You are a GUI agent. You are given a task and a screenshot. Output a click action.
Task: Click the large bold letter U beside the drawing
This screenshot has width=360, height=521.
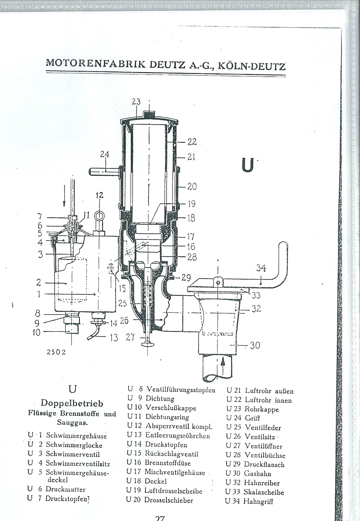248,165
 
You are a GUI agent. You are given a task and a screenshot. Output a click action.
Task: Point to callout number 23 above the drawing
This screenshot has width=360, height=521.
136,102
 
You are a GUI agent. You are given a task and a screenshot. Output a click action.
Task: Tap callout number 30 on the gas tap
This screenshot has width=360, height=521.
255,345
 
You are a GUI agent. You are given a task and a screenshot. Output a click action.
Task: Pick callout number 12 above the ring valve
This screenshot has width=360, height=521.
99,195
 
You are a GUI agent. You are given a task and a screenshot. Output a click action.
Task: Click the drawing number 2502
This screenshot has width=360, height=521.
56,352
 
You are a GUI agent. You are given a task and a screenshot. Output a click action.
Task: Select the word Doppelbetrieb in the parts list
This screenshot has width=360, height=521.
72,403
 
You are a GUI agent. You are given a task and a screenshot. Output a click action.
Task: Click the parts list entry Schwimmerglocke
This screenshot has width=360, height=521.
74,445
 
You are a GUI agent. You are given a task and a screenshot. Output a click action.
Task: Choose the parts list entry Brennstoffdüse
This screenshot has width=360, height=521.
167,463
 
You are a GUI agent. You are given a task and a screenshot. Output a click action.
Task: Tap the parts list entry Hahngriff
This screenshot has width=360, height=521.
258,501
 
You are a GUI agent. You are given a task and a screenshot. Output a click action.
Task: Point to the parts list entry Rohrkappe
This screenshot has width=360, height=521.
262,409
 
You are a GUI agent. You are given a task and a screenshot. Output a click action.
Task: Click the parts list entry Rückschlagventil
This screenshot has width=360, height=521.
171,454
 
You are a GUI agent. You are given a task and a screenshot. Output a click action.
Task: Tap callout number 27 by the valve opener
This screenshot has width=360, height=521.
130,337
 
